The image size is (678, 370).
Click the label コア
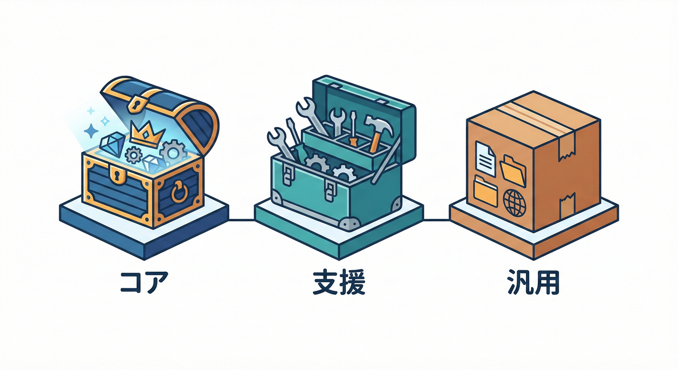point(144,282)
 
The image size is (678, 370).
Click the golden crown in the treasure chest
point(147,133)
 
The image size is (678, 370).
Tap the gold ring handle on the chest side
point(179,192)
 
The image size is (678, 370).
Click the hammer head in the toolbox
point(380,124)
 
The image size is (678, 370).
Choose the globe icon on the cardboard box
point(515,202)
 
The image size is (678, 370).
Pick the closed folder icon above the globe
point(486,190)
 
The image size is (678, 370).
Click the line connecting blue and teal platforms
point(242,220)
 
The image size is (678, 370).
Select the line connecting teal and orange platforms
point(436,220)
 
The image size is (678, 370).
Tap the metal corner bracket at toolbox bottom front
point(349,224)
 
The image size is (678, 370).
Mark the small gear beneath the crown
point(133,155)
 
